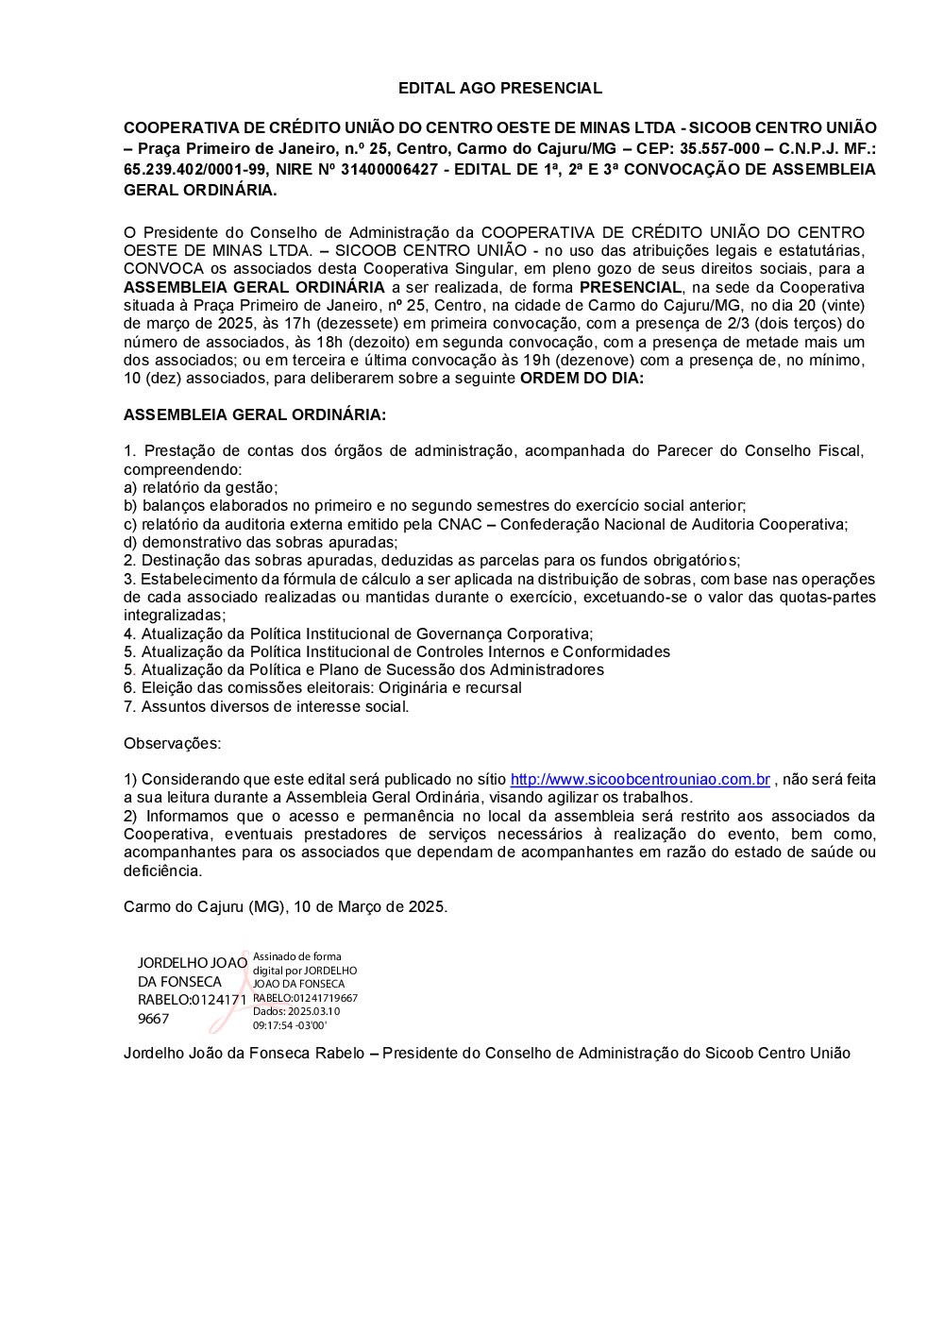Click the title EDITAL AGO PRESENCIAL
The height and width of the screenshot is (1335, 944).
coord(499,88)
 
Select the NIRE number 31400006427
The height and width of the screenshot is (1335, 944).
coord(389,169)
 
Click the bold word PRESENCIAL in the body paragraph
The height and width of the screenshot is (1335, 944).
coord(631,287)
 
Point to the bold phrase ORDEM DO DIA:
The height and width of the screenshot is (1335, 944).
coord(582,378)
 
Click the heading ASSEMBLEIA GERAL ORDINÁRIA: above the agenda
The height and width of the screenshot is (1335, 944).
coord(254,414)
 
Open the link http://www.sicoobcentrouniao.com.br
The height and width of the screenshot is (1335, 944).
coord(640,779)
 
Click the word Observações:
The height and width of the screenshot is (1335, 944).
coord(172,743)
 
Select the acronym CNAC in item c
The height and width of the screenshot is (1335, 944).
coord(460,524)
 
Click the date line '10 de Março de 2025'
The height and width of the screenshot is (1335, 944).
coord(370,906)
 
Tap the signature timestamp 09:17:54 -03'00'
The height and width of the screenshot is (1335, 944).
coord(290,1025)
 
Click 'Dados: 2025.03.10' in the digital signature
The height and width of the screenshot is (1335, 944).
coord(296,1011)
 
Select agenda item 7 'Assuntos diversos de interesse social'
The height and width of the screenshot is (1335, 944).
coord(266,706)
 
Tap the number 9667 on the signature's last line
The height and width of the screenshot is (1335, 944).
coord(153,1019)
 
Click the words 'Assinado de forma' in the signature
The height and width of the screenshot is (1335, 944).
coord(297,956)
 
